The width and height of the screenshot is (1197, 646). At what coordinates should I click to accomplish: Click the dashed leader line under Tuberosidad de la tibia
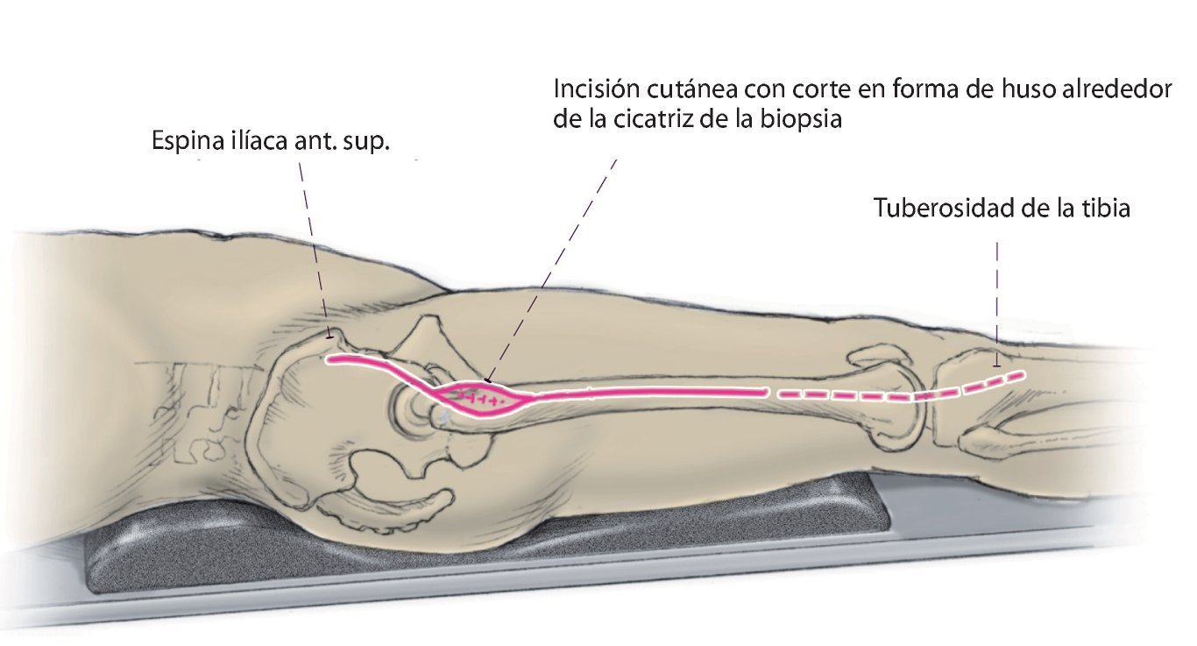point(996,298)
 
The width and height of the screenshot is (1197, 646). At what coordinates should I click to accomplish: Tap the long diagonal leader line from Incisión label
point(552,272)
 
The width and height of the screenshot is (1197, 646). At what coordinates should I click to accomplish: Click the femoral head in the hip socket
point(421,408)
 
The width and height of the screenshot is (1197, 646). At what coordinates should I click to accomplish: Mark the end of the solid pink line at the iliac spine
point(329,359)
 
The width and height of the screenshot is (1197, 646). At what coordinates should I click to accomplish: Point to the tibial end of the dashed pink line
point(1021,374)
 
